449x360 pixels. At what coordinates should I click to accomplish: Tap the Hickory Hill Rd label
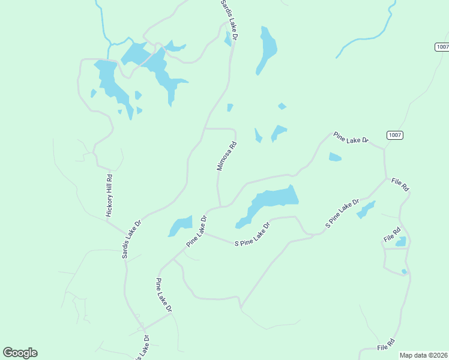109,196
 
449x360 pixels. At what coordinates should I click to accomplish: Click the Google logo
20,353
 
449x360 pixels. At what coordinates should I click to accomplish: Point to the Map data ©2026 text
423,355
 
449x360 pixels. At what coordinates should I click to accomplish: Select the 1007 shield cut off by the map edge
442,47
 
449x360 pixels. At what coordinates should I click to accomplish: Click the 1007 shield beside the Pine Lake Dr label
394,135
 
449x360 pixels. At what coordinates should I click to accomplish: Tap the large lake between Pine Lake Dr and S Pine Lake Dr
270,201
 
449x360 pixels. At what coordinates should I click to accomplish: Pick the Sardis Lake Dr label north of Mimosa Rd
229,20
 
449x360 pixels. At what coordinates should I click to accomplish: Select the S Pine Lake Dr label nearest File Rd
342,213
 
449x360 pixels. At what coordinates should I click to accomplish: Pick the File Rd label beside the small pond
392,235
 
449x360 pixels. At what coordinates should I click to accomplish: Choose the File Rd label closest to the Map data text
386,344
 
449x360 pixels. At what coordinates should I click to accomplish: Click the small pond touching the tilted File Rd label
400,242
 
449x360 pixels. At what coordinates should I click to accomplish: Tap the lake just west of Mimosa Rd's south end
180,226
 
